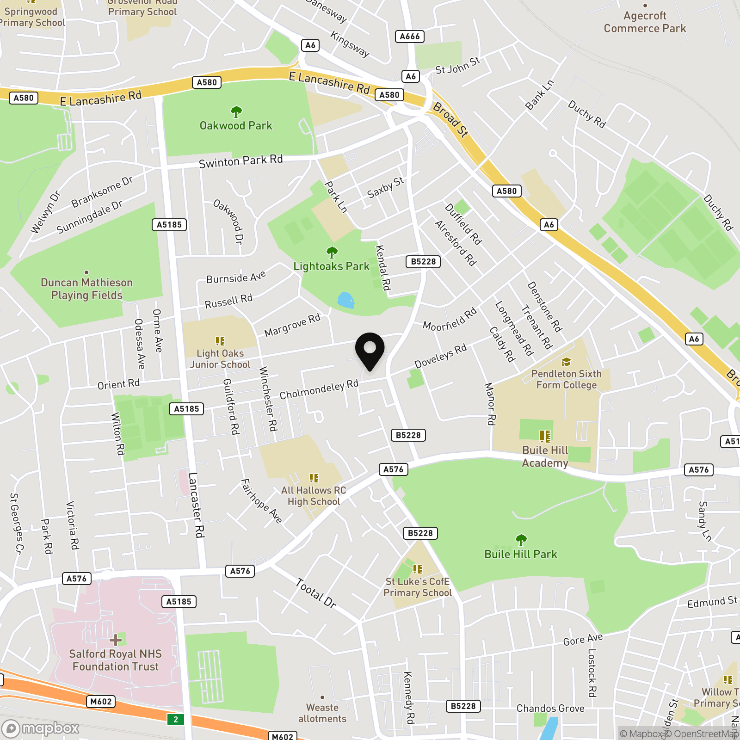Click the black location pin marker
pos(370,350)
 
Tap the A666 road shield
pos(410,37)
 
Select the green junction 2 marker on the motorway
pos(176,719)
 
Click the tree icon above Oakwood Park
pos(236,112)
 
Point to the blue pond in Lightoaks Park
pos(345,300)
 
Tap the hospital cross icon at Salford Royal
pos(116,640)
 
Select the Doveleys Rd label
pos(440,356)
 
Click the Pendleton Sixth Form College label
pos(567,379)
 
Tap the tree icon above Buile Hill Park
pos(521,540)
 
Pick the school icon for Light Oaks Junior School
pos(220,341)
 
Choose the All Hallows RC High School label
pos(314,496)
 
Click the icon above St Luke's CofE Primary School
pos(418,569)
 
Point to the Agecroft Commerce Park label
pos(645,22)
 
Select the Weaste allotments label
pos(322,713)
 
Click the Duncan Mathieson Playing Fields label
pos(87,289)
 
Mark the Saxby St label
pos(385,187)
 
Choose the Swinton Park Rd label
pos(240,161)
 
